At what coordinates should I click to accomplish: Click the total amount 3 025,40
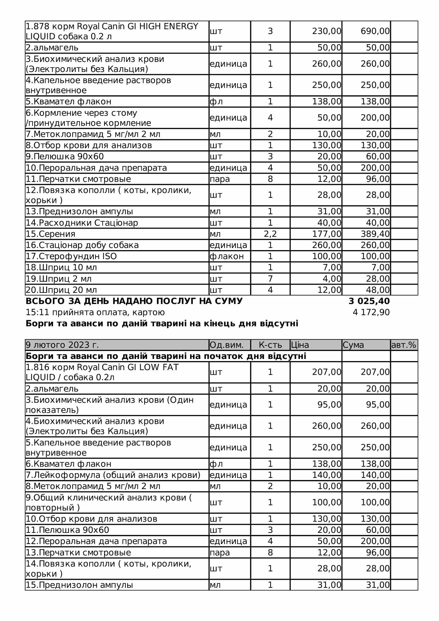pos(369,301)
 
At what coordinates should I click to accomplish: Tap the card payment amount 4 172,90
pos(371,312)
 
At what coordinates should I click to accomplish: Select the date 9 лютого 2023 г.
pos(62,345)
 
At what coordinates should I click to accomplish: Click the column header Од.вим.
pos(226,345)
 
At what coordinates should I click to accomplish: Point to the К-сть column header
pos(270,345)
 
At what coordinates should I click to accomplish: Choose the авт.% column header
pos(404,345)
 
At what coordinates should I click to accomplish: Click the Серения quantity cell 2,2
pos(270,234)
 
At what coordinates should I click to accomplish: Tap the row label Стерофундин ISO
pos(71,256)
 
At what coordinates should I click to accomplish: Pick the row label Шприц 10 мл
pos(61,268)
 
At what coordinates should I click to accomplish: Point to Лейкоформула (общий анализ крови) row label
pos(113,475)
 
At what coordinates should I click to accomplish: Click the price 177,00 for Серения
pos(326,234)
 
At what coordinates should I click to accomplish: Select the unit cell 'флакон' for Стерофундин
pos(227,256)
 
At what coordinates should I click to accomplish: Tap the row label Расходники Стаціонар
pos(82,223)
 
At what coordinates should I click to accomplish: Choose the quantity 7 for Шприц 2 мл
pos(270,279)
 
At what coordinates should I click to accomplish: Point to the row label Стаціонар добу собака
pos(82,245)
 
